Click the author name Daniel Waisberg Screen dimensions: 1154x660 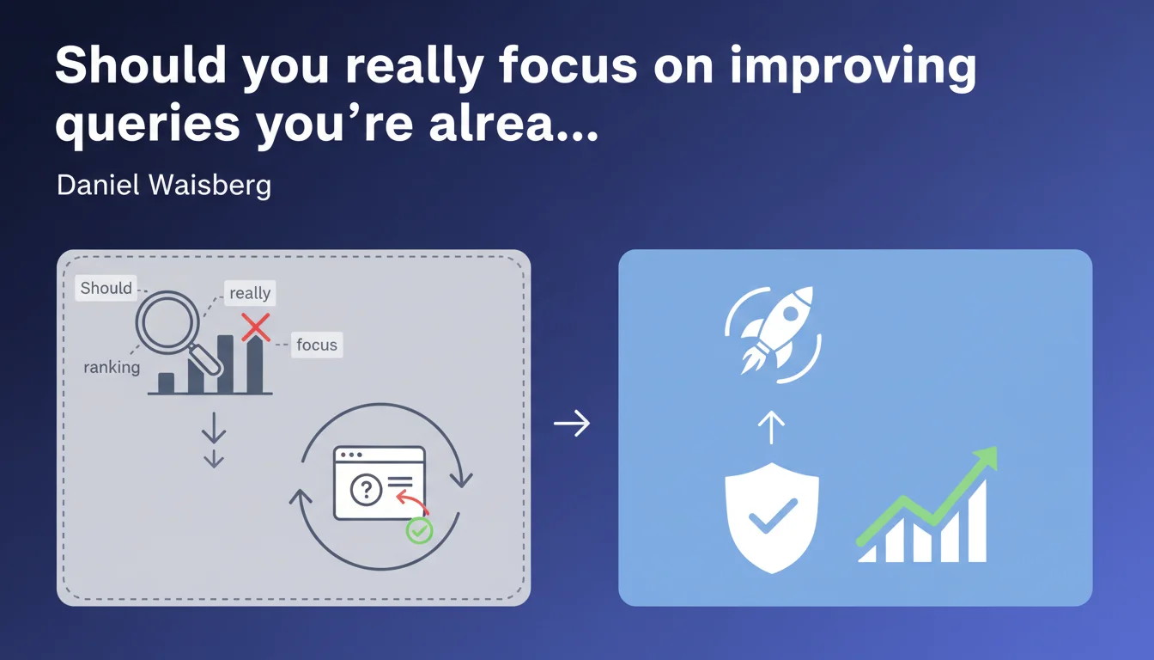pyautogui.click(x=164, y=185)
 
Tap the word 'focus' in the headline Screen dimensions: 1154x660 pyautogui.click(x=568, y=65)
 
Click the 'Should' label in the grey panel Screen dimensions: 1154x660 pyautogui.click(x=106, y=288)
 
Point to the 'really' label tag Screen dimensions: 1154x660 pyautogui.click(x=250, y=293)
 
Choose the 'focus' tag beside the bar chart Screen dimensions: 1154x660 pyautogui.click(x=317, y=345)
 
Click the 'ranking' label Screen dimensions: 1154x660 pyautogui.click(x=112, y=367)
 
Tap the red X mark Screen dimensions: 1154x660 pyautogui.click(x=256, y=327)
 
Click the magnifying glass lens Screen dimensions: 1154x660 pyautogui.click(x=167, y=323)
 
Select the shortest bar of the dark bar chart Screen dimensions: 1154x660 pyautogui.click(x=166, y=382)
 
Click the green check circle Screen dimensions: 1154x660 pyautogui.click(x=419, y=530)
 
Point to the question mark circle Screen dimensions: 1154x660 pyautogui.click(x=366, y=489)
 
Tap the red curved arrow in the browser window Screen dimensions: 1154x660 pyautogui.click(x=412, y=502)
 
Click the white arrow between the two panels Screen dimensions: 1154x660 pyautogui.click(x=572, y=424)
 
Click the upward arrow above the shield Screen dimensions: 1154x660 pyautogui.click(x=771, y=427)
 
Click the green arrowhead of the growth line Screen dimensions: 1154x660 pyautogui.click(x=985, y=459)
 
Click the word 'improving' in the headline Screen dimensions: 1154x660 pyautogui.click(x=853, y=67)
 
